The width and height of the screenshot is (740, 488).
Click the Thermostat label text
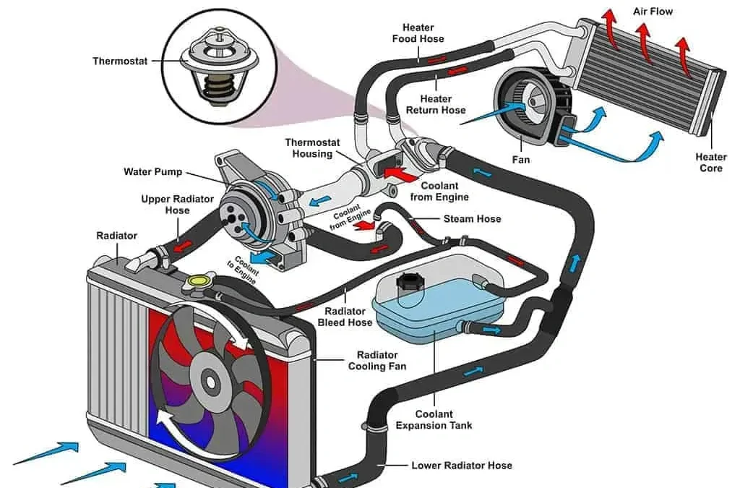(x=120, y=61)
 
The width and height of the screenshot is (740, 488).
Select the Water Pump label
(x=152, y=172)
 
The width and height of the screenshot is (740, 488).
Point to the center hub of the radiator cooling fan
(x=210, y=380)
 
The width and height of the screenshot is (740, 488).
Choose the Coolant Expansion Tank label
(x=434, y=420)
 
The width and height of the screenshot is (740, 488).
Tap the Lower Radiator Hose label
(x=461, y=465)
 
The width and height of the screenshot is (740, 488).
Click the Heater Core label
(x=711, y=163)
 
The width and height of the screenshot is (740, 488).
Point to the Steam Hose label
(x=472, y=219)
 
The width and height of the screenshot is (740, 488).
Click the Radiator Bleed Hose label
(x=345, y=317)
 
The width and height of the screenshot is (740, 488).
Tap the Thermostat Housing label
(x=312, y=148)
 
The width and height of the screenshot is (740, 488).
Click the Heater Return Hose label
(x=435, y=105)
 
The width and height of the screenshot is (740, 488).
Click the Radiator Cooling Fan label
(x=377, y=361)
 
